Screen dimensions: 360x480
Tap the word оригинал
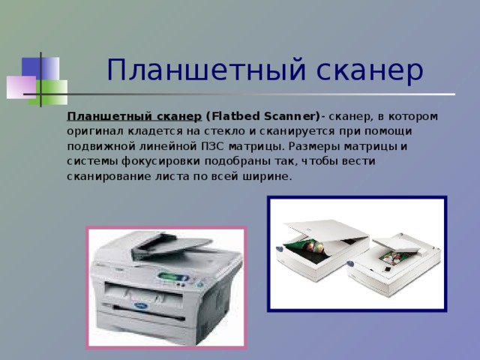pos(94,131)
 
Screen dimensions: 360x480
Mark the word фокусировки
pos(151,161)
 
